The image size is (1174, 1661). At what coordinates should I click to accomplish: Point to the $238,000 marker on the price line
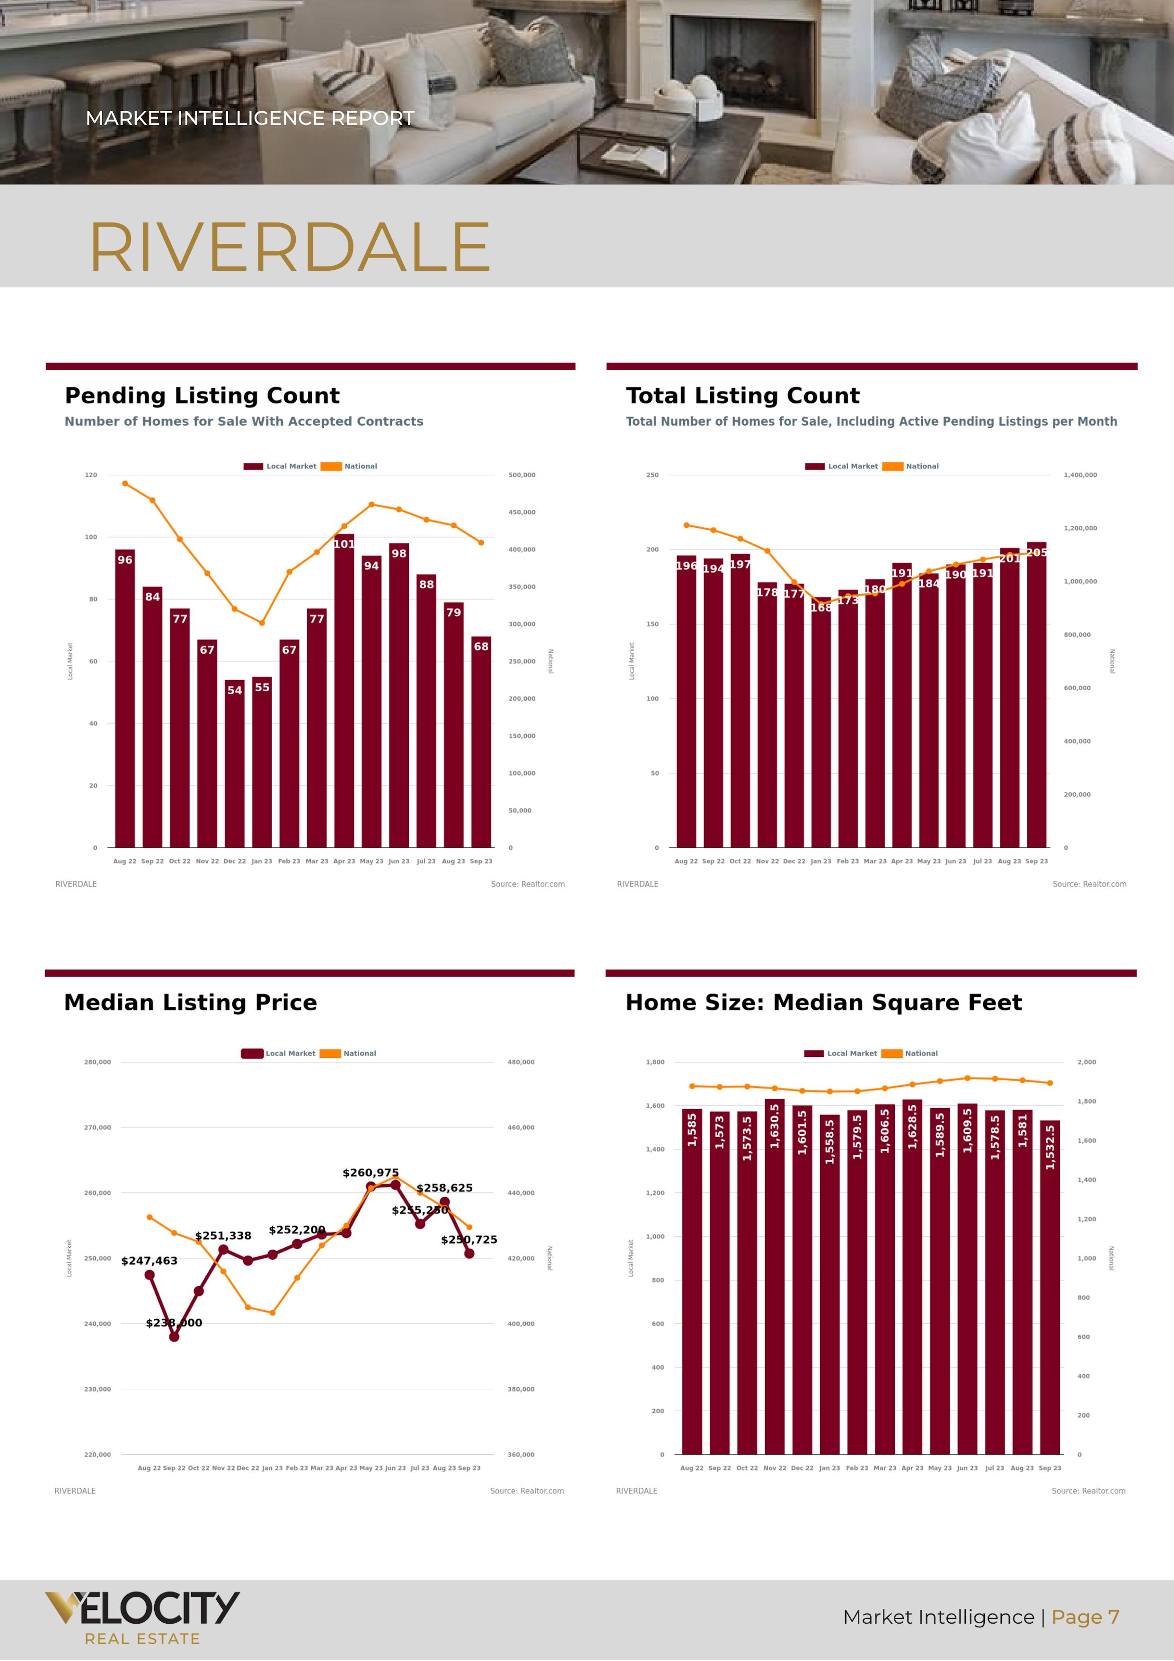pos(174,1337)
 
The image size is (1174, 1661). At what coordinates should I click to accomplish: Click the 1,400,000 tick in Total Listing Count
pos(1080,475)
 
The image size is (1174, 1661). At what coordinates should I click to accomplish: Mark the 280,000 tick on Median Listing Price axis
pos(97,1062)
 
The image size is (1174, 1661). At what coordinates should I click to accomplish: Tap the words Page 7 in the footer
pos(1085,1617)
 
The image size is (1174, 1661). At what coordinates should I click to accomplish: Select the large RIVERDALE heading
pos(289,248)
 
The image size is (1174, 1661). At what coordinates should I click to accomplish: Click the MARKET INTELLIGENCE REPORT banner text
pos(249,118)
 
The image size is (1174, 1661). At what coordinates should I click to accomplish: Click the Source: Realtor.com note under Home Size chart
pos(1088,1491)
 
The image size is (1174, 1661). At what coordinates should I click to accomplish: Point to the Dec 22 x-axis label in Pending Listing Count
pos(234,862)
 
